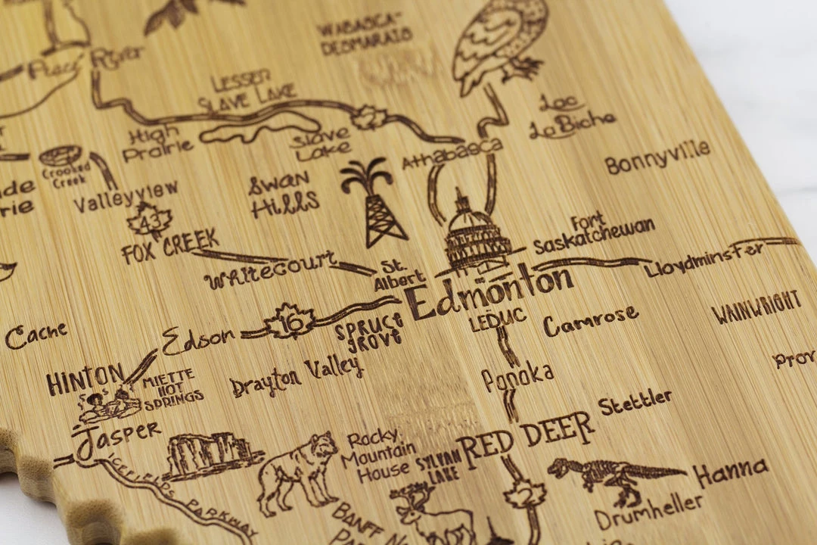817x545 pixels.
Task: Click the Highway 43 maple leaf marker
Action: pos(148,222)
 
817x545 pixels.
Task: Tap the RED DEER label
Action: pos(525,438)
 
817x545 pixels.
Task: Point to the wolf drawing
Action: pos(298,473)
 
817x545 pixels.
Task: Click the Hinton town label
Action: pos(84,378)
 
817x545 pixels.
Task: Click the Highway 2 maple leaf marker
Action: pos(525,495)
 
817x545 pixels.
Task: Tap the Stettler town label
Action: pos(635,402)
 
